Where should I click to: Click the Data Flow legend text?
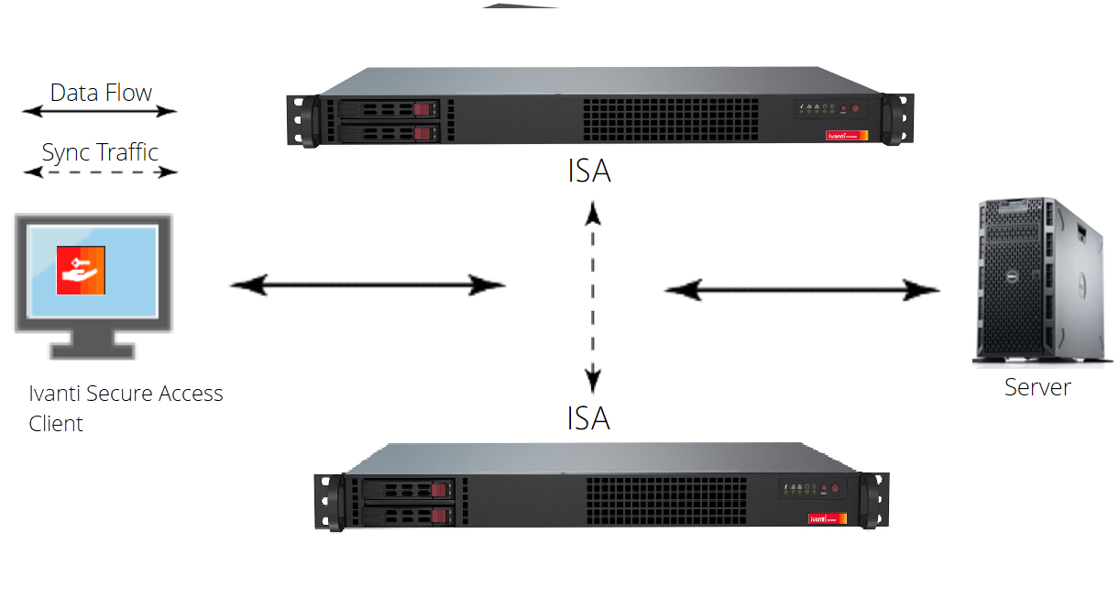pos(101,93)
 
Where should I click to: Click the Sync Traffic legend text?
pos(100,151)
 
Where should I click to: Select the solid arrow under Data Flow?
pos(100,112)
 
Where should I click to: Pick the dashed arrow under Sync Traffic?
pos(100,172)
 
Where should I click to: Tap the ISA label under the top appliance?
pos(588,172)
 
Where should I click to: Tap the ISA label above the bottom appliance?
pos(588,418)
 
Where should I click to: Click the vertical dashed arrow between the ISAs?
pos(594,297)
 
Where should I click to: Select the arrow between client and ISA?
pos(367,285)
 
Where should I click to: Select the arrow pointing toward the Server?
pos(802,291)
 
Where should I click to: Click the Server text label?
pos(1037,387)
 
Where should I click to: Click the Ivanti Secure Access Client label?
pos(126,408)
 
